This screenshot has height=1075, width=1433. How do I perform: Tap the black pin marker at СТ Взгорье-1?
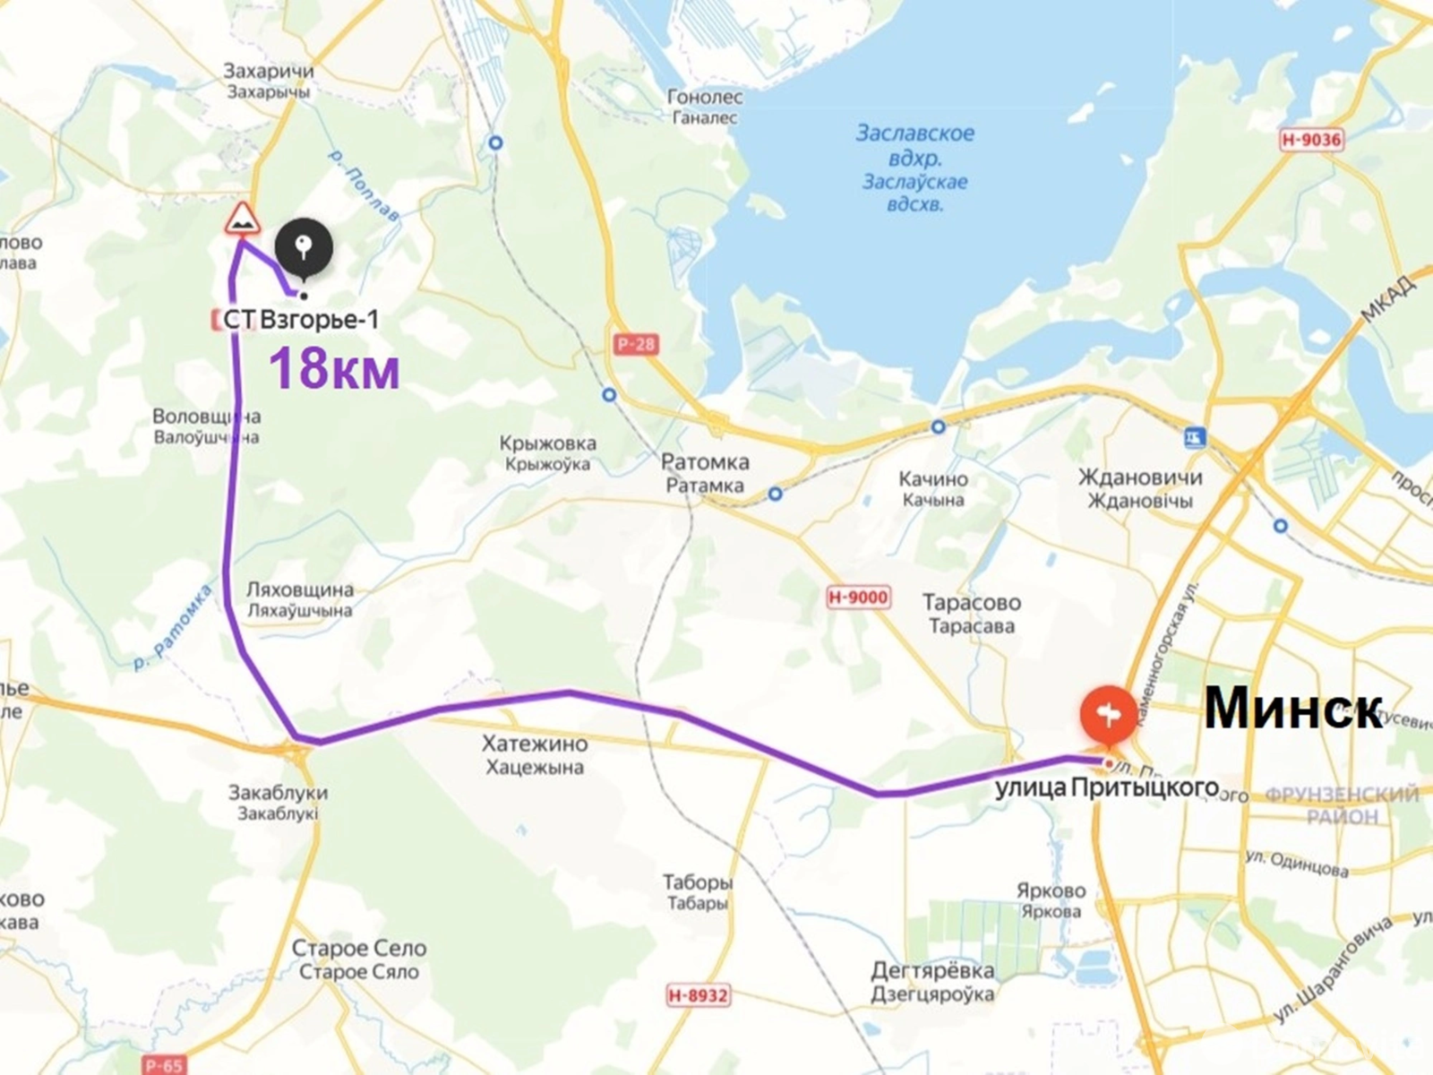(304, 245)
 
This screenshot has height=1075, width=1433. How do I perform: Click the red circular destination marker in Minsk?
(1108, 714)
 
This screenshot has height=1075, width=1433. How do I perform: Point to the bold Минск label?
(1292, 709)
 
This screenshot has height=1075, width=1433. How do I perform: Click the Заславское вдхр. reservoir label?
(914, 134)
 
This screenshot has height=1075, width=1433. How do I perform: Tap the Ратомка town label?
(705, 463)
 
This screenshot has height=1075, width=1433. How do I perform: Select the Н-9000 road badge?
(857, 598)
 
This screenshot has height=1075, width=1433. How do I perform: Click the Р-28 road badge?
(635, 344)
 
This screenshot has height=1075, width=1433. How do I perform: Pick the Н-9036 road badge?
(1310, 140)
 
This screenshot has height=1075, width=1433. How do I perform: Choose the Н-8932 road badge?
(698, 995)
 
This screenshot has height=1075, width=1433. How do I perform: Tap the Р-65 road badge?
(165, 1065)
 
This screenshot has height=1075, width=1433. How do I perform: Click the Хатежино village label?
(534, 744)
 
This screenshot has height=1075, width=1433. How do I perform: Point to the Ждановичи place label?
(1139, 477)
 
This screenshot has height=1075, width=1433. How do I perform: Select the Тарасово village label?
(972, 603)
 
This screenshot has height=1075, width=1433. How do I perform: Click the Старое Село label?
(359, 949)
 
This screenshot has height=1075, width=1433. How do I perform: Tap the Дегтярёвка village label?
(932, 971)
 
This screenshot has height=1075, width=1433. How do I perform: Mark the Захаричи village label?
(269, 72)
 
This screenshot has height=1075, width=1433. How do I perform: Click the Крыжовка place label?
(548, 443)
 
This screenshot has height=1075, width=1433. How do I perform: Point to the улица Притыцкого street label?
(1107, 787)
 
